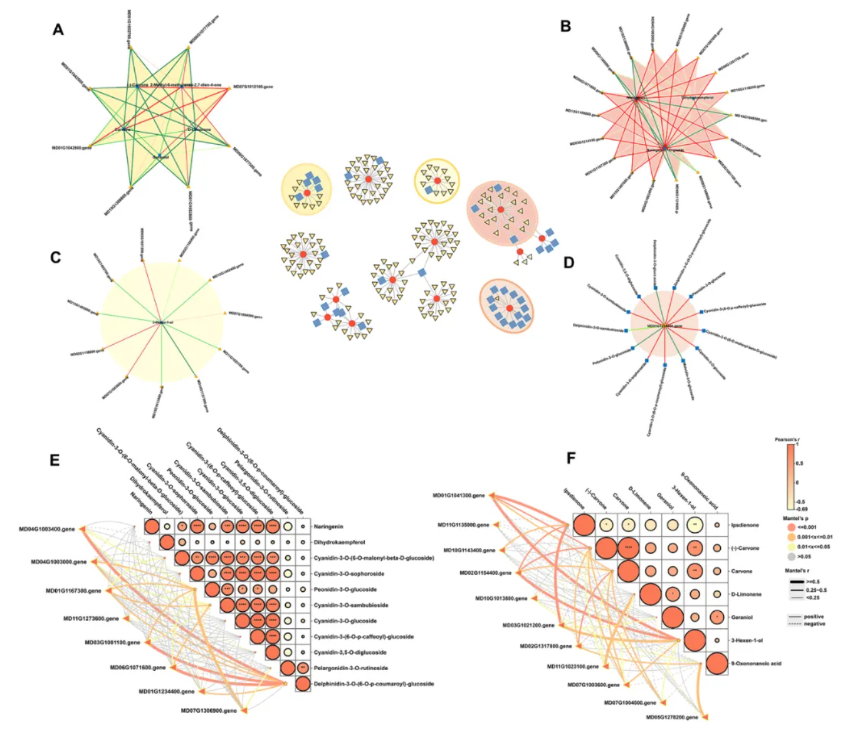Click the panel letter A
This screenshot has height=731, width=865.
(x=58, y=29)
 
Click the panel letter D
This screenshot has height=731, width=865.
(x=569, y=262)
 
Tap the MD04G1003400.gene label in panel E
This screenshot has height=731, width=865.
(x=46, y=529)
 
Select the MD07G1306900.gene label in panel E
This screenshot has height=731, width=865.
(x=209, y=711)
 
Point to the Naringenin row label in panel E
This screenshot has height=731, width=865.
(x=328, y=527)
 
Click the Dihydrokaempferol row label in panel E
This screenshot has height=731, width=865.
(x=339, y=542)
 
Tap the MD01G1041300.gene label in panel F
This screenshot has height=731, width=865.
(x=458, y=496)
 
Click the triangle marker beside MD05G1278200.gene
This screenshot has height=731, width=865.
(x=706, y=717)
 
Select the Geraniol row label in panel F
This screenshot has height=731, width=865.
(x=742, y=618)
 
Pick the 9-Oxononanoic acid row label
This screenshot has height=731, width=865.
(x=756, y=663)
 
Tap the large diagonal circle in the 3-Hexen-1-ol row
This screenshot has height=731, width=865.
(x=695, y=641)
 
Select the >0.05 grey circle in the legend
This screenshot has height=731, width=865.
(x=791, y=556)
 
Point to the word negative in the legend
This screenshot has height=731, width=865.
(x=814, y=624)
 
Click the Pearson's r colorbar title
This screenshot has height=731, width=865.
(x=787, y=439)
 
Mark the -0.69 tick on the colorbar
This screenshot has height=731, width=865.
(x=802, y=509)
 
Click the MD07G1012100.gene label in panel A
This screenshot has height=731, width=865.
(x=253, y=87)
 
